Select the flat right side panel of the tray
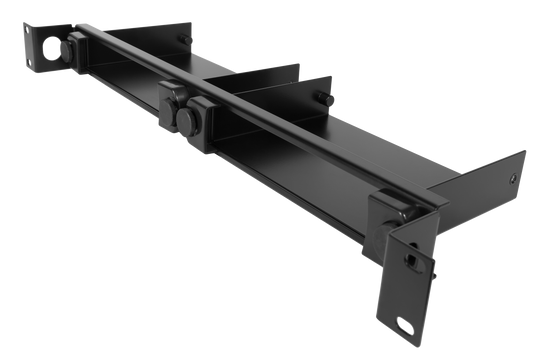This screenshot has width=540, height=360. pos(480,180)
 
